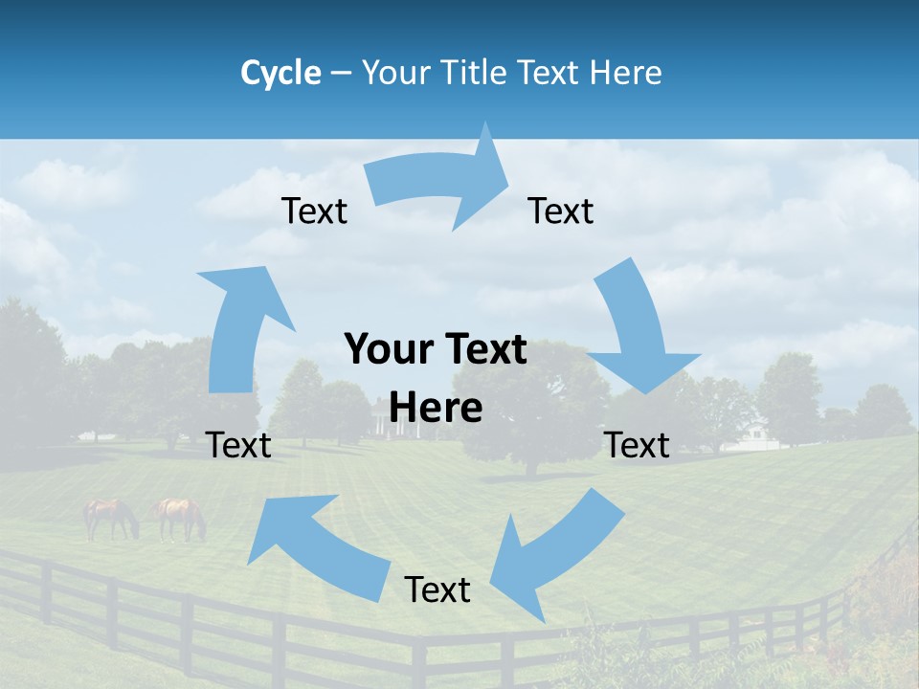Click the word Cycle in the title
point(280,73)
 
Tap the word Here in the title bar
point(625,73)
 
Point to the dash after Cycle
point(341,74)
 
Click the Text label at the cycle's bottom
point(437,590)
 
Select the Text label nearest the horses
point(238,445)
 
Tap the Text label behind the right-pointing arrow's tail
point(314,211)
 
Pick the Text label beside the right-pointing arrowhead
point(561,211)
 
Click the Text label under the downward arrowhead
point(637,445)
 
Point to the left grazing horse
point(110,517)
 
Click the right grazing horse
point(180,517)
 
